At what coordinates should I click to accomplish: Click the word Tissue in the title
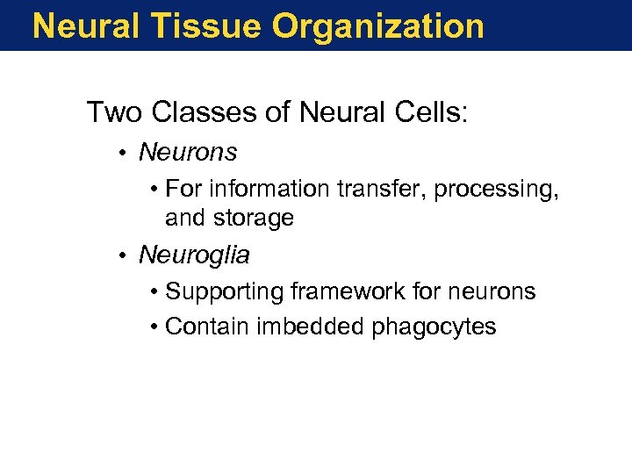tap(205, 26)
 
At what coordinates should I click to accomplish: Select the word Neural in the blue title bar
tap(86, 26)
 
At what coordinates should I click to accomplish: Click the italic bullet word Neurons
tap(188, 153)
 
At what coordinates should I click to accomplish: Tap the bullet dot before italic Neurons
tap(126, 154)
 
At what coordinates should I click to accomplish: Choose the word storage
tap(255, 219)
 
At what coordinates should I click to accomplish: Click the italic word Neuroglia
tap(194, 256)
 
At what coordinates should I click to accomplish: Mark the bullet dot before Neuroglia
tap(126, 256)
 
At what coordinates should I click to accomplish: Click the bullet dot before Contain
tap(154, 328)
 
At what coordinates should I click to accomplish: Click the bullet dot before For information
tap(154, 190)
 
